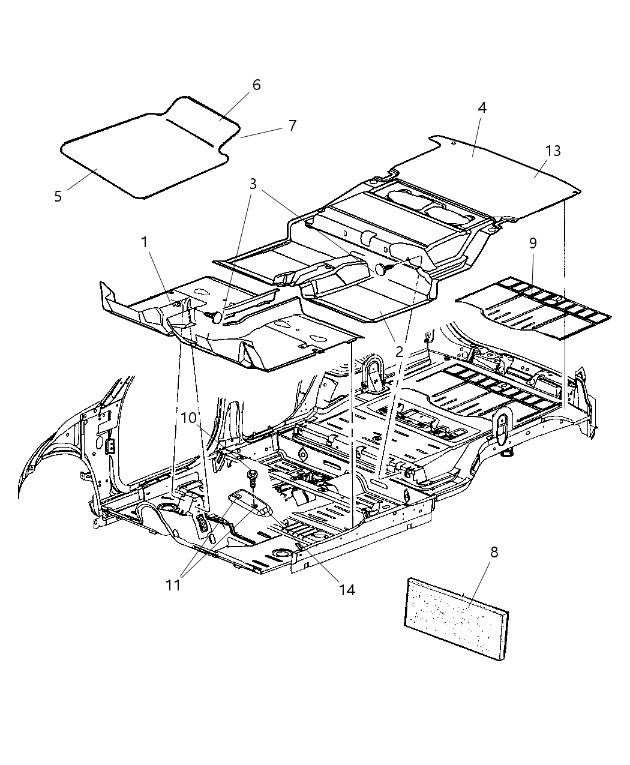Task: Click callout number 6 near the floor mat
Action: [x=256, y=85]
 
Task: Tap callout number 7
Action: [x=292, y=125]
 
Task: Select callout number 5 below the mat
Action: [x=58, y=196]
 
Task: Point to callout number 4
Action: [x=482, y=107]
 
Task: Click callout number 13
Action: [x=553, y=151]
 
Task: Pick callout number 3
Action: [x=253, y=184]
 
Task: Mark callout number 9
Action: [x=533, y=243]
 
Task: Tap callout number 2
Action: [x=399, y=352]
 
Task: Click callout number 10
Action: [x=189, y=418]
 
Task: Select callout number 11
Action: [x=173, y=584]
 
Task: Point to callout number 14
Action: [x=346, y=589]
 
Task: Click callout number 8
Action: [x=494, y=552]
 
